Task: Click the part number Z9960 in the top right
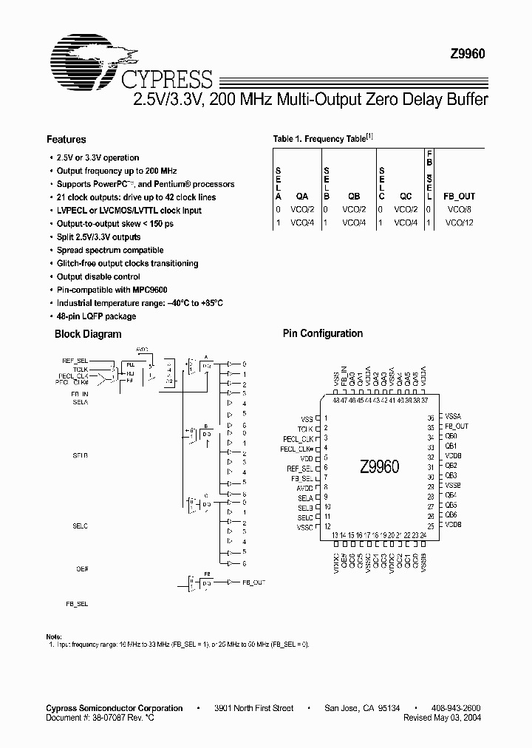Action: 468,53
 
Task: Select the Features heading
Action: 66,139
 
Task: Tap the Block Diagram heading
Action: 88,334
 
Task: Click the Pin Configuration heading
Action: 323,333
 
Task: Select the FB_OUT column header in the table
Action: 459,197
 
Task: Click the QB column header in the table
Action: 354,197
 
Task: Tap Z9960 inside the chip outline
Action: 380,467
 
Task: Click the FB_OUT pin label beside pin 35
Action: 457,426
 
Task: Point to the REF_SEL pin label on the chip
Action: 300,468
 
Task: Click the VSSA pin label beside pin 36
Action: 453,417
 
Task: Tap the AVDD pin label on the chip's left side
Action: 304,487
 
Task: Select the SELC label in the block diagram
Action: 80,526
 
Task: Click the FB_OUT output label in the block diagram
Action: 253,583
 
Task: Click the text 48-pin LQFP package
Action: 96,316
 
